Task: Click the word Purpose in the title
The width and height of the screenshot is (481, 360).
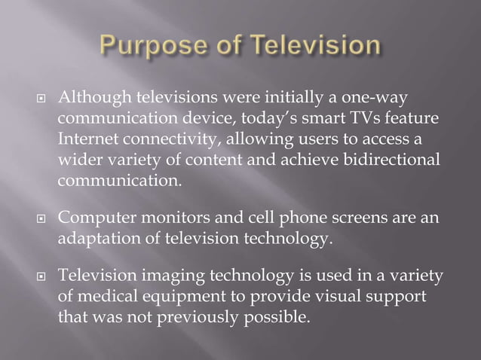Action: point(150,47)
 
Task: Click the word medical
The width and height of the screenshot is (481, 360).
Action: point(108,297)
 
